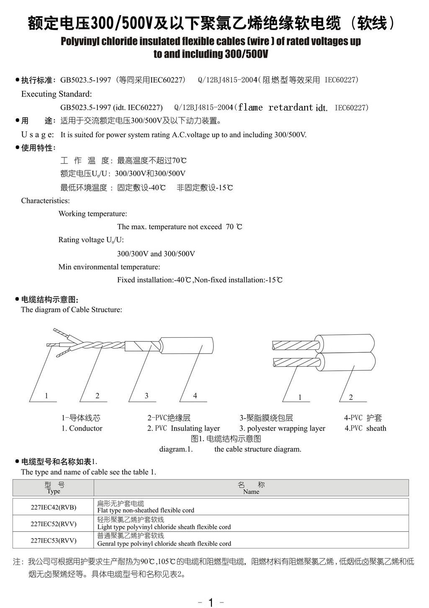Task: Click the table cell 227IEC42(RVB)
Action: pos(54,507)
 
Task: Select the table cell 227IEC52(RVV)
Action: pos(54,524)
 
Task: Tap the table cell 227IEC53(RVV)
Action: pos(54,540)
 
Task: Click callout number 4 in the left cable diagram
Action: pos(195,395)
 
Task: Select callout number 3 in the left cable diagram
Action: pos(146,395)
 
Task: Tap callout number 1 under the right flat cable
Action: pos(300,397)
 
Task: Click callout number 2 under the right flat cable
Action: pos(351,397)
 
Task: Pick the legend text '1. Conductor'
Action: pos(82,428)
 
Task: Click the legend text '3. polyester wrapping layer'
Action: pos(282,428)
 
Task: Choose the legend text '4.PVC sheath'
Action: pos(365,428)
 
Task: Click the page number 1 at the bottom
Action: pos(211,602)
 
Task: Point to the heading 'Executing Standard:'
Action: pos(57,94)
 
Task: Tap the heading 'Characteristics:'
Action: pos(46,200)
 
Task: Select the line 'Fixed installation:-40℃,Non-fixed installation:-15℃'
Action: pos(200,280)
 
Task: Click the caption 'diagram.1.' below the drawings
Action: pos(176,449)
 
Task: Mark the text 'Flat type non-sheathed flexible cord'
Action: pos(146,511)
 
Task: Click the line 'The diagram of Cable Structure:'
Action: pos(72,310)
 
